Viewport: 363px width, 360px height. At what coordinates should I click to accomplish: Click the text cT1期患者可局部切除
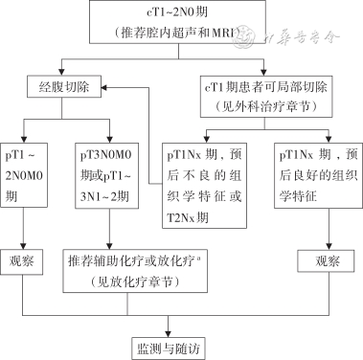point(266,82)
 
